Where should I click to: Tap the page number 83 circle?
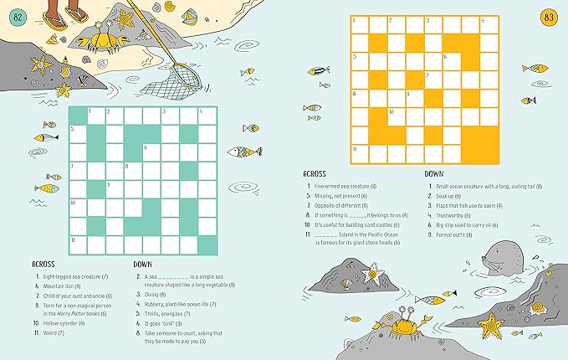point(549,18)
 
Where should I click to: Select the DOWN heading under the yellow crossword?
point(433,173)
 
